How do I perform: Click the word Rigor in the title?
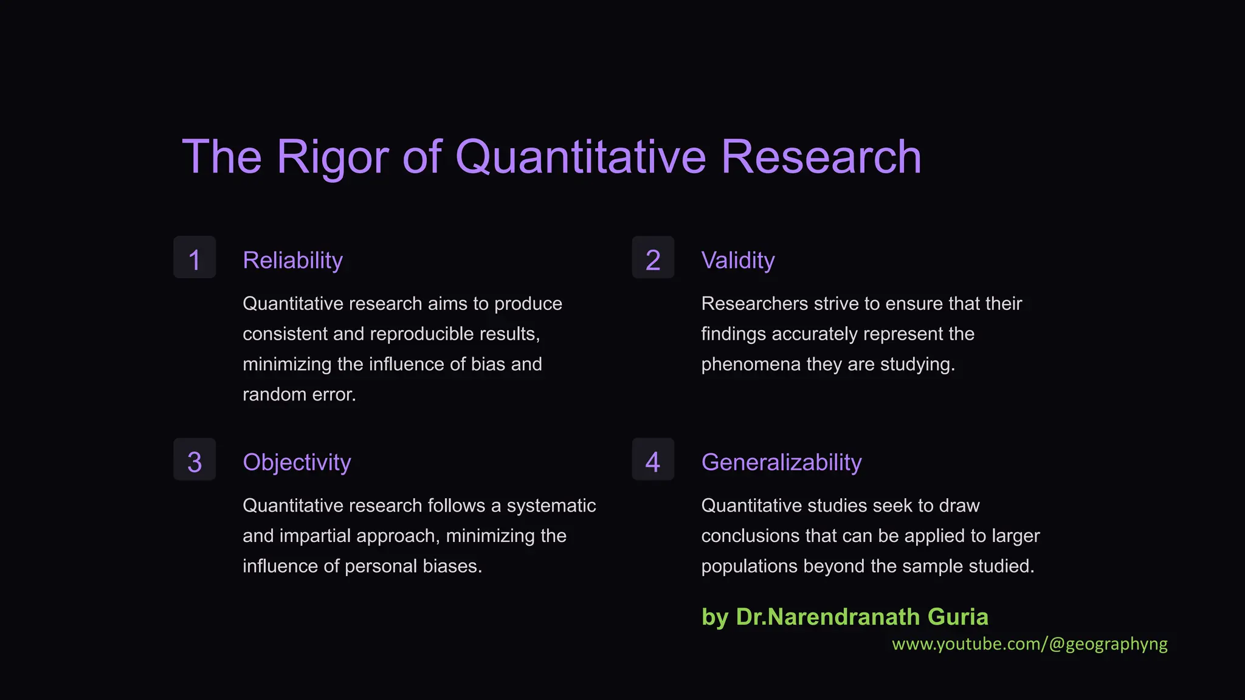pyautogui.click(x=333, y=157)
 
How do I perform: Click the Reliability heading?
pyautogui.click(x=292, y=260)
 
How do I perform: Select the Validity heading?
pyautogui.click(x=737, y=260)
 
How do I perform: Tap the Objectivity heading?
pyautogui.click(x=297, y=462)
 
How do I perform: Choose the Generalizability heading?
pyautogui.click(x=781, y=462)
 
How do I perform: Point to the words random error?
pyautogui.click(x=299, y=395)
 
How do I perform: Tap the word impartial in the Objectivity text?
pyautogui.click(x=315, y=536)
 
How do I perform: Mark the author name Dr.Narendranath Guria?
pyautogui.click(x=861, y=617)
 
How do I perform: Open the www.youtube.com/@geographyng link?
pyautogui.click(x=1029, y=644)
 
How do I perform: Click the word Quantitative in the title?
pyautogui.click(x=581, y=157)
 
